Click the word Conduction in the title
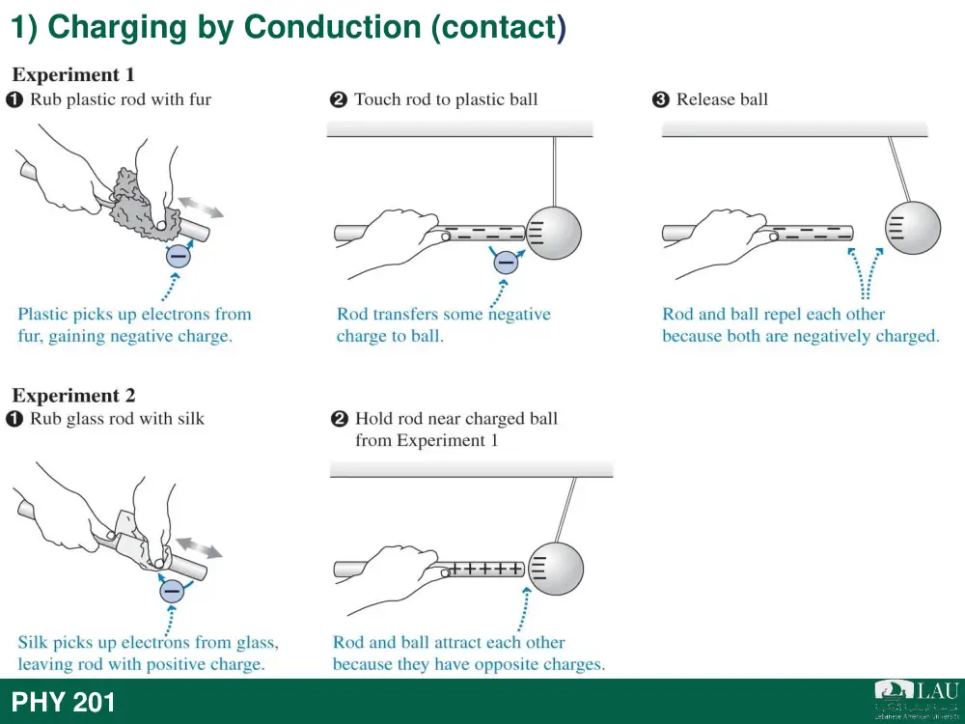pos(332,28)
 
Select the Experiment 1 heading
pos(73,75)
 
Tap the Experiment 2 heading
pos(74,395)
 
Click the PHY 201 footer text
pos(63,703)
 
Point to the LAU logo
pos(917,699)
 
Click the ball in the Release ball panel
pos(913,227)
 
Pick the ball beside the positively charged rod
pos(555,568)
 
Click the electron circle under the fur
pos(178,255)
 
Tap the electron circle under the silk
pos(172,591)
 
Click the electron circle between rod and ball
pos(506,263)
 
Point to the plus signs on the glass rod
pos(486,569)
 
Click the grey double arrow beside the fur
pos(202,208)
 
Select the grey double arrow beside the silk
pos(199,548)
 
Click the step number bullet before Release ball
pos(660,99)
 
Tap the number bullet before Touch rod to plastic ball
pos(339,99)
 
